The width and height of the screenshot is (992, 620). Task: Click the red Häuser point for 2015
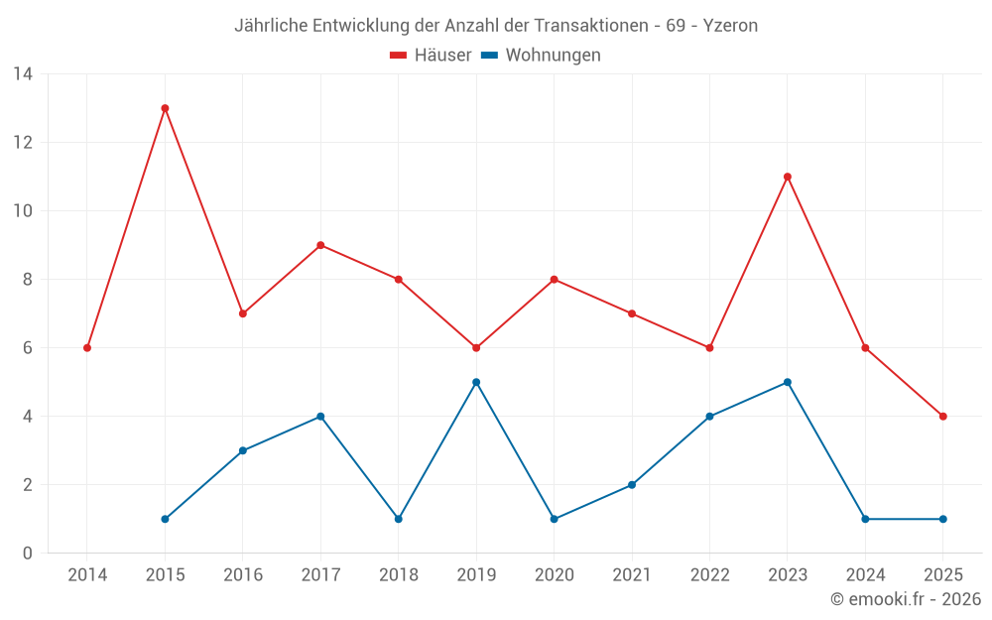coord(165,108)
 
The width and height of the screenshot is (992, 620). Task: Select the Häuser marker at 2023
coord(788,177)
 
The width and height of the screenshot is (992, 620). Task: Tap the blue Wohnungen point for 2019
coord(476,382)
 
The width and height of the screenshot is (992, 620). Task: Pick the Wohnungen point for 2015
coord(165,519)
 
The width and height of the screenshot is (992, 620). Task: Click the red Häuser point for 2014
coord(87,348)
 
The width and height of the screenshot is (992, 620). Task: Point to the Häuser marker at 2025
coord(942,417)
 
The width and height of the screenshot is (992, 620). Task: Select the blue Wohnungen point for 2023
coord(788,382)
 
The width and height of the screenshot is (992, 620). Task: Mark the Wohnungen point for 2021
coord(632,485)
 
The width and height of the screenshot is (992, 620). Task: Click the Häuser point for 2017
coord(320,245)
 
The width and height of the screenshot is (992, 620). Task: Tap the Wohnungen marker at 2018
coord(398,519)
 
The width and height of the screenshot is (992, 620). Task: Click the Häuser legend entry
coord(431,56)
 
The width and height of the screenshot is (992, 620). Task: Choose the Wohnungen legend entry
coord(542,56)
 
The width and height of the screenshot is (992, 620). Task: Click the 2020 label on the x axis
coord(554,575)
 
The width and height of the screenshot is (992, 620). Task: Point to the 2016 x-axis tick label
coord(242,575)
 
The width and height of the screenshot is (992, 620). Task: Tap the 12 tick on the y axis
coord(22,143)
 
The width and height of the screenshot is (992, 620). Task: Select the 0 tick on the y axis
coord(27,554)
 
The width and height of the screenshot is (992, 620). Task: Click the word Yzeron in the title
coord(730,26)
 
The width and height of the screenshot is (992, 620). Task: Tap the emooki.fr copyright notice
coord(906,599)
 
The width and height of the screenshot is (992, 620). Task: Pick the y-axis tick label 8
coord(27,280)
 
